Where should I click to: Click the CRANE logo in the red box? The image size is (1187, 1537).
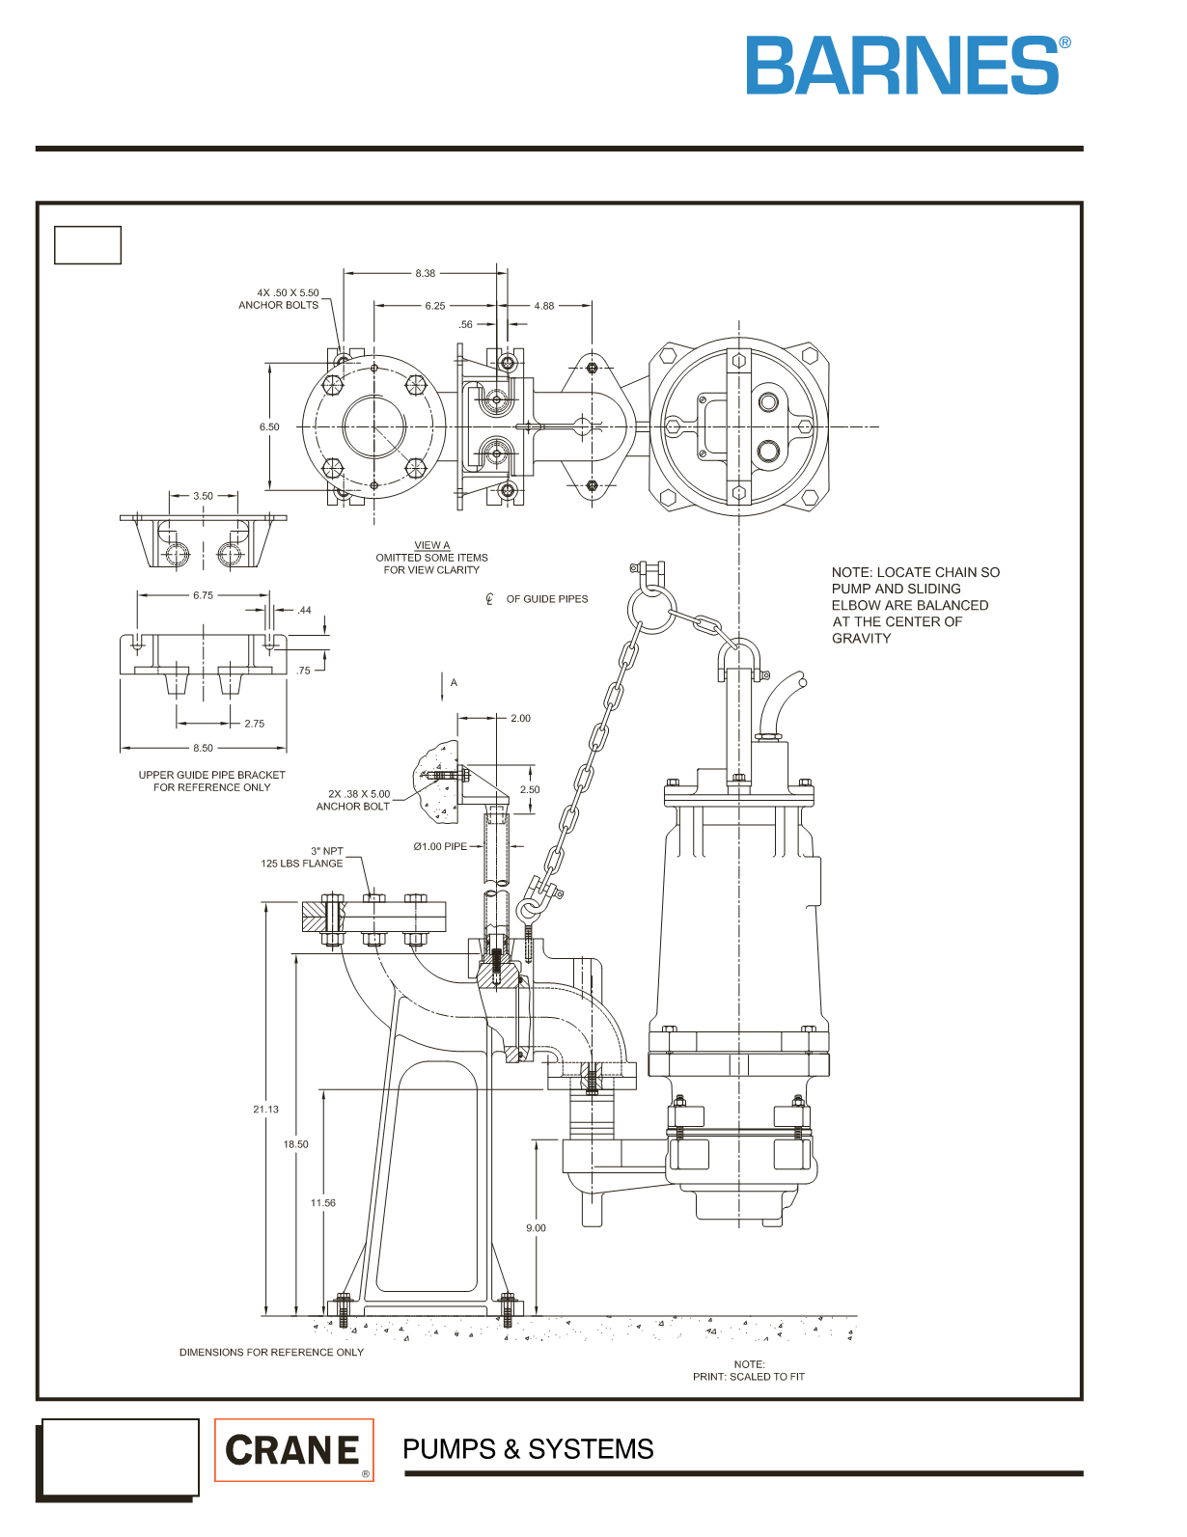(x=293, y=1449)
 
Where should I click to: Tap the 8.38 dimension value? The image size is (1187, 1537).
(x=426, y=273)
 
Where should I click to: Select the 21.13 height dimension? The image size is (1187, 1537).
(x=266, y=1109)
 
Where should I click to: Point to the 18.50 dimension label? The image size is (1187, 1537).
(x=295, y=1143)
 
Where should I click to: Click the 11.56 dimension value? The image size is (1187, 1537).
(x=323, y=1202)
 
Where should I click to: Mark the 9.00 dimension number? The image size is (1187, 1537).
(x=537, y=1228)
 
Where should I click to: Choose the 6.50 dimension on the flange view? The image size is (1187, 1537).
(x=269, y=426)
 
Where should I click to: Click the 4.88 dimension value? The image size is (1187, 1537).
(x=544, y=306)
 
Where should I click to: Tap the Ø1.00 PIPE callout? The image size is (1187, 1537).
(x=440, y=846)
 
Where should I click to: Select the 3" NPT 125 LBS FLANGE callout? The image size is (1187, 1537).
(x=302, y=858)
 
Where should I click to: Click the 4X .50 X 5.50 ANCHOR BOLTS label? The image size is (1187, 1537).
(x=279, y=298)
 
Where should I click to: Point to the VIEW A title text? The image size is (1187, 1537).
(x=432, y=545)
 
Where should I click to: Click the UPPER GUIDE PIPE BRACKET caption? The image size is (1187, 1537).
(x=212, y=781)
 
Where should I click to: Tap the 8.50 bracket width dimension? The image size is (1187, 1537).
(x=203, y=748)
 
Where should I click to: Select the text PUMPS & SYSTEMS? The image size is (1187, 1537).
(x=528, y=1449)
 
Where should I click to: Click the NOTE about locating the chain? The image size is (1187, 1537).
(x=916, y=605)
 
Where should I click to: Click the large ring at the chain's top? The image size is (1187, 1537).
(x=648, y=606)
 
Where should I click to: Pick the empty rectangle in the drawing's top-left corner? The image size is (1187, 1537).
(x=88, y=245)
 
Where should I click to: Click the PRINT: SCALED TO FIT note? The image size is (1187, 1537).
(x=749, y=1377)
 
